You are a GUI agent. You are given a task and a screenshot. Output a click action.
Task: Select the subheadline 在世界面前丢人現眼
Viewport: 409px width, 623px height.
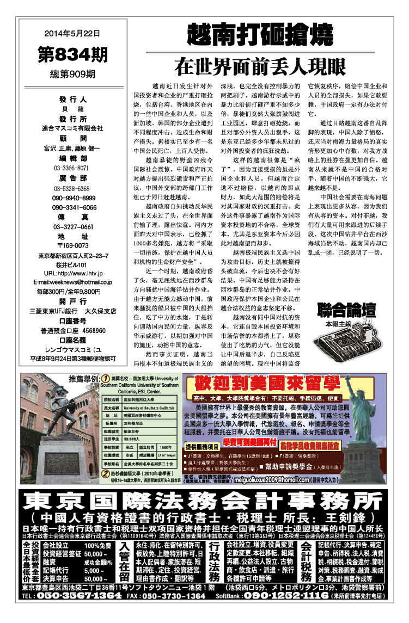[260, 66]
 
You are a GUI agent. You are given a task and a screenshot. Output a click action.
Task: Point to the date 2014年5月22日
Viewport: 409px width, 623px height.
[72, 33]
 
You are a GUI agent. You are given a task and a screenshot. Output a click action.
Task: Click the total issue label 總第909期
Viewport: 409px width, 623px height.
[72, 73]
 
